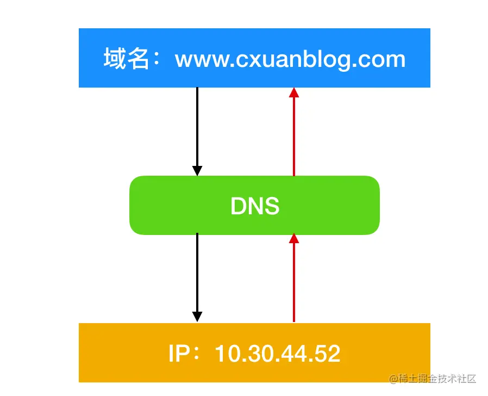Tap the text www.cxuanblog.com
coord(290,59)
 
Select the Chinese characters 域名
coord(126,59)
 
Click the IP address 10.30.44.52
coord(278,354)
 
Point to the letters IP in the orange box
coord(179,354)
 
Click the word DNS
coord(254,206)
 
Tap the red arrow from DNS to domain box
coord(294,136)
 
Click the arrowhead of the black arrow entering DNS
coord(197,170)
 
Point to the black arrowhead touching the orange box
coord(197,317)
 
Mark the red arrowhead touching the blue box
coord(294,93)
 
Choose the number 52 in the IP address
coord(328,354)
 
